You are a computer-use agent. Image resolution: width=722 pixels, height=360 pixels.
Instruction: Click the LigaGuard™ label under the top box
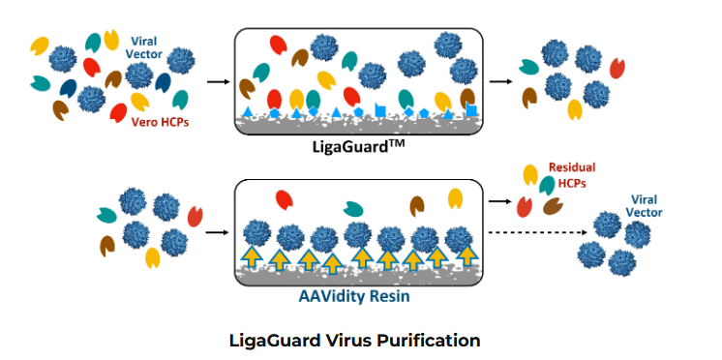coord(361,148)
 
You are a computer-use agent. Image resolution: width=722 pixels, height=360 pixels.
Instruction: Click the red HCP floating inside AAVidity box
coord(284,199)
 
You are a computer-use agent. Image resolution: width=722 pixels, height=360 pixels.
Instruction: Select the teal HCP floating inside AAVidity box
coord(353,206)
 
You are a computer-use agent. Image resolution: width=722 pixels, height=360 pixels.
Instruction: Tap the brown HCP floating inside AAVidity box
coord(417,206)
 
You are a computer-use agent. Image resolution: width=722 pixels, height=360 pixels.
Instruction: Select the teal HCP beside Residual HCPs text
coord(548,184)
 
